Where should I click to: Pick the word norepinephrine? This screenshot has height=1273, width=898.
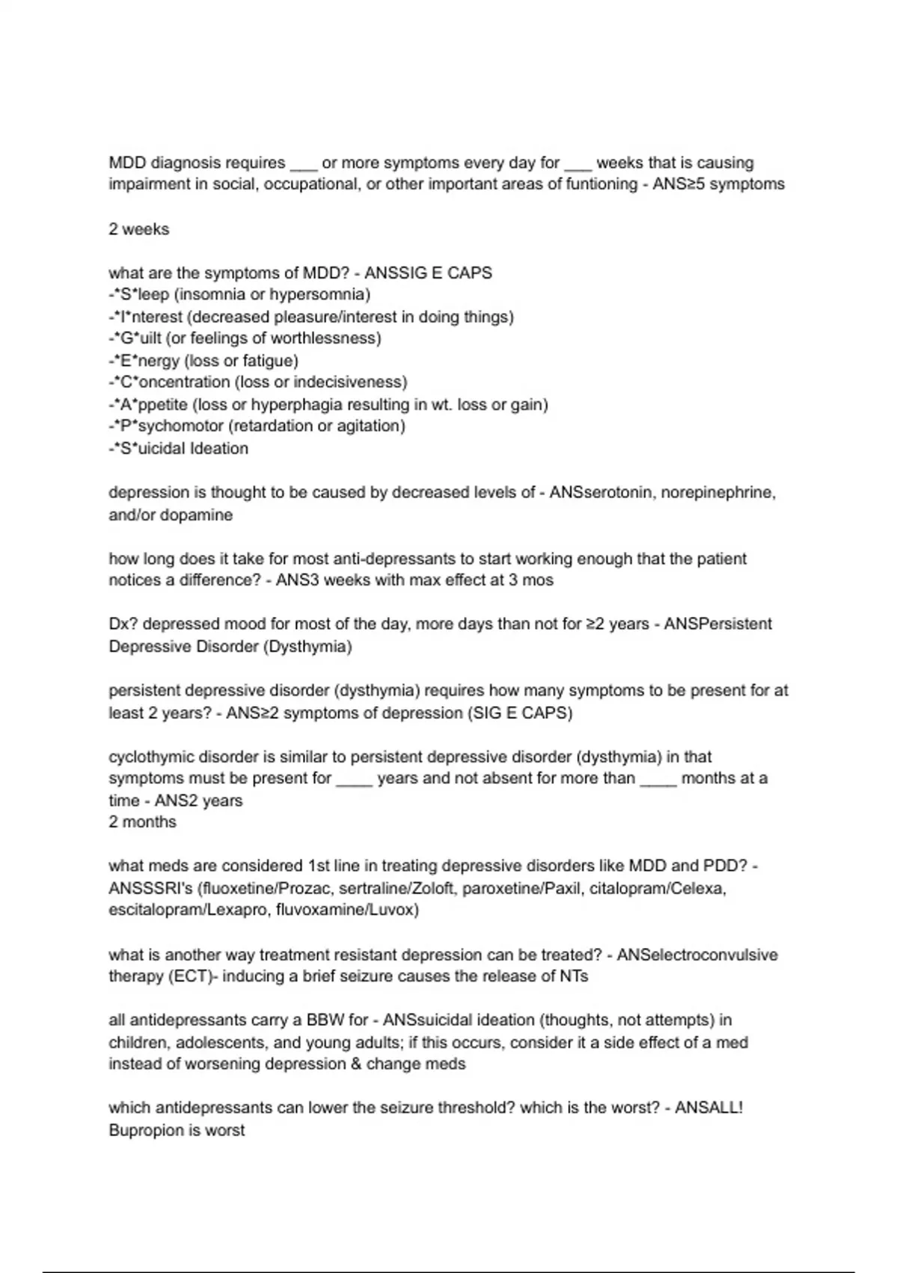tap(718, 493)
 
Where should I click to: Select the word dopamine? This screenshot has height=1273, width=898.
tap(201, 515)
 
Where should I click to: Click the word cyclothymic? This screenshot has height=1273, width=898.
tap(152, 757)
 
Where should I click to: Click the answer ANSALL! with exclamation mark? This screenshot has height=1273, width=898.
tap(709, 1108)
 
